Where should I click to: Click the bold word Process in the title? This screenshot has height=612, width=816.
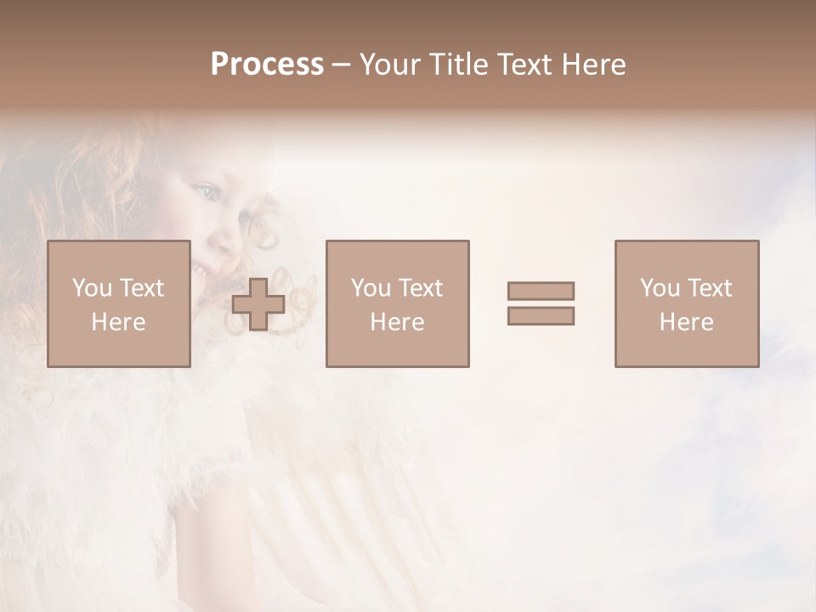click(x=267, y=65)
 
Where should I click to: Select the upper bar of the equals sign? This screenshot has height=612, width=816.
click(x=541, y=291)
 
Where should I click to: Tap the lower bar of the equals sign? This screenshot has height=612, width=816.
click(x=541, y=316)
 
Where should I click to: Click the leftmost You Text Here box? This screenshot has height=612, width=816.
click(x=118, y=303)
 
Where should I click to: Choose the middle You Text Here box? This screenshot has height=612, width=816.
click(x=397, y=303)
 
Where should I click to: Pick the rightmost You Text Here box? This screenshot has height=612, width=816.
click(x=686, y=303)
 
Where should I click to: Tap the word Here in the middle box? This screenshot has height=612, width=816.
click(x=397, y=322)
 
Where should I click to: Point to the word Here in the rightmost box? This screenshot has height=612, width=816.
click(x=686, y=322)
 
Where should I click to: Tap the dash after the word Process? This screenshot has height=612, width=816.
click(x=342, y=65)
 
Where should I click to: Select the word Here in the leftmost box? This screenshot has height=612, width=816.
click(x=118, y=322)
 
